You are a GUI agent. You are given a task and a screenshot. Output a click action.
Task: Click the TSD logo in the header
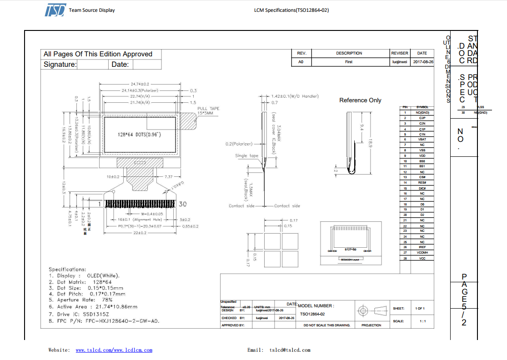pyautogui.click(x=55, y=10)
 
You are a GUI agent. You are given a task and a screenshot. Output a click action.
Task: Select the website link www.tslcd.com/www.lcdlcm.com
pyautogui.click(x=114, y=350)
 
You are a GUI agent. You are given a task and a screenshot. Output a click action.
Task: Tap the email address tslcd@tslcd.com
pyautogui.click(x=290, y=350)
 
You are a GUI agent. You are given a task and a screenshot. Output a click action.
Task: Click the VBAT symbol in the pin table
pyautogui.click(x=422, y=140)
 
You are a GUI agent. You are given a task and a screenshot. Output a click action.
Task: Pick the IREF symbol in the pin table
pyautogui.click(x=422, y=247)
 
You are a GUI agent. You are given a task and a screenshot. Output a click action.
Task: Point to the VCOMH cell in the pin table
pyautogui.click(x=422, y=253)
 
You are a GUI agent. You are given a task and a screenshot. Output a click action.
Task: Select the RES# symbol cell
pyautogui.click(x=422, y=183)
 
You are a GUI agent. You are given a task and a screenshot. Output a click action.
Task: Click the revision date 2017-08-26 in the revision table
pyautogui.click(x=425, y=61)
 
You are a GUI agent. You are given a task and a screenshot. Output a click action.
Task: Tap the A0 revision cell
pyautogui.click(x=301, y=61)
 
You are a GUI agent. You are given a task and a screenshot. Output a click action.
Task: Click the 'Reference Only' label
pyautogui.click(x=360, y=100)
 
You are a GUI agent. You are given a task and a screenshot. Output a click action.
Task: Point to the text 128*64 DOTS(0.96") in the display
pyautogui.click(x=139, y=135)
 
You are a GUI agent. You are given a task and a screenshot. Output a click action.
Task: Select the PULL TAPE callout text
pyautogui.click(x=208, y=110)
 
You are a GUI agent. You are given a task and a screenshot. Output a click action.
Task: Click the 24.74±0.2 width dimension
pyautogui.click(x=140, y=84)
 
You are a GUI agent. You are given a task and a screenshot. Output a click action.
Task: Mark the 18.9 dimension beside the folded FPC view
pyautogui.click(x=371, y=144)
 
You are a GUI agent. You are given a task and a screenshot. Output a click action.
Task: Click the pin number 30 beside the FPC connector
pyautogui.click(x=183, y=204)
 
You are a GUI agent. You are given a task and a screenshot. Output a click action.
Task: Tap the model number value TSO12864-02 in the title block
pyautogui.click(x=312, y=314)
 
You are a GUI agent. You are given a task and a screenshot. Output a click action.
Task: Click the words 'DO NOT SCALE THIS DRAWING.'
pyautogui.click(x=326, y=325)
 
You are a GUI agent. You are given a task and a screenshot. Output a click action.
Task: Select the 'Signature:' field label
pyautogui.click(x=60, y=65)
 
